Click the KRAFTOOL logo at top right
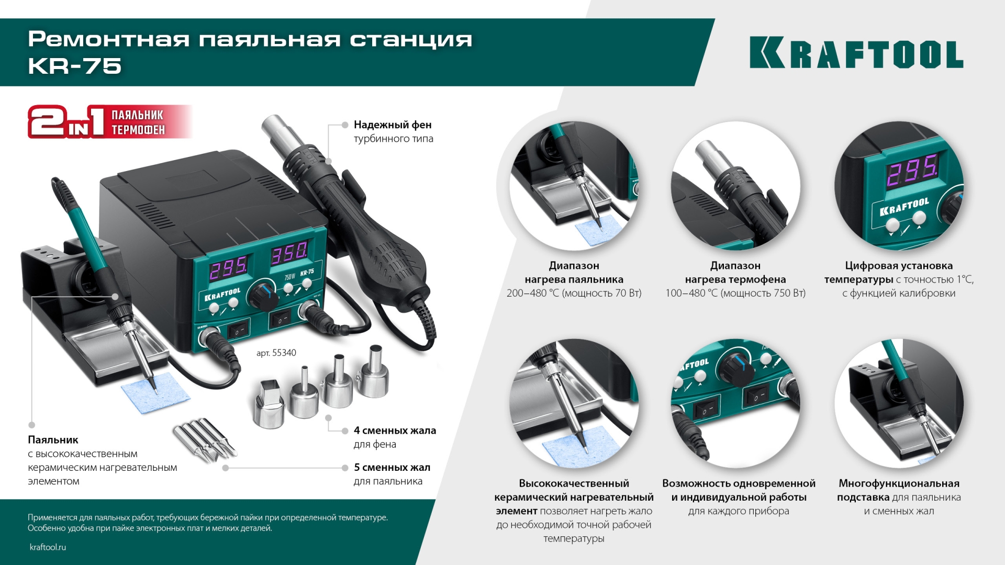click(856, 53)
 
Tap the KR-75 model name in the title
click(75, 66)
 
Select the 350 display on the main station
click(289, 254)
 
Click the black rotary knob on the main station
click(262, 295)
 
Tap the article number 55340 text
click(276, 353)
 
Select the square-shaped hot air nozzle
click(269, 404)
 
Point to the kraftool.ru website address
click(48, 547)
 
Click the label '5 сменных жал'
click(392, 468)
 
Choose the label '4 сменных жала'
click(395, 431)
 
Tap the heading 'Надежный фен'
click(393, 125)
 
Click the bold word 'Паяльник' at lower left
click(53, 440)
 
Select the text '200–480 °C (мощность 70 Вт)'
click(574, 293)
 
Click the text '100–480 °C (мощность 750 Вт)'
click(735, 293)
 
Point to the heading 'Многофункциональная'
click(899, 483)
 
